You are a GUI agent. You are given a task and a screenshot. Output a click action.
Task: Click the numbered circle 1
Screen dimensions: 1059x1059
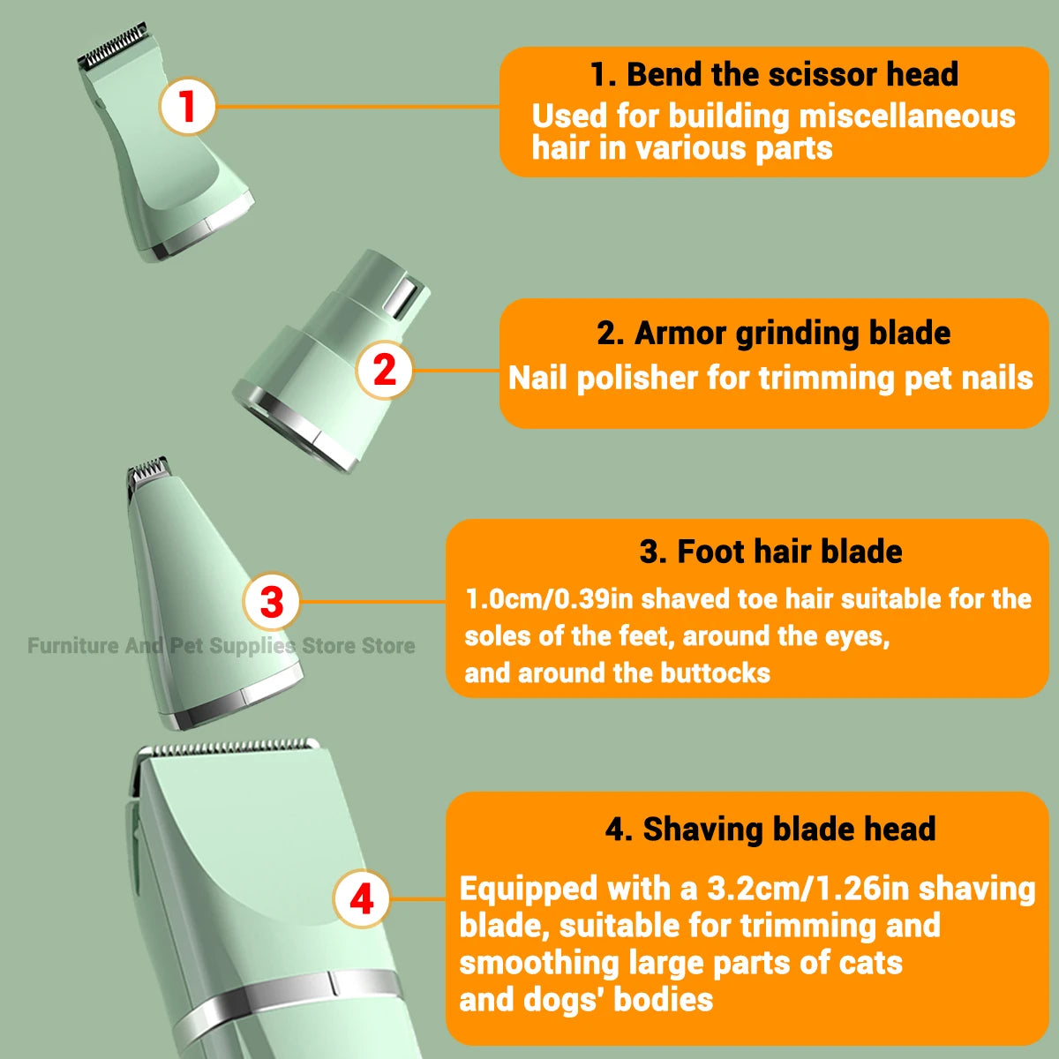coord(187,107)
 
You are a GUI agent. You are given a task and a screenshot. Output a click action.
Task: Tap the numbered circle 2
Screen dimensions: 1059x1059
coord(385,370)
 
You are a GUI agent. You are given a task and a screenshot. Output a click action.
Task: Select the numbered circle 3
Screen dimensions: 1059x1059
coord(272,602)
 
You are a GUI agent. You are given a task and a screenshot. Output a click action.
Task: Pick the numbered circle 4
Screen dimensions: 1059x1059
coord(362,900)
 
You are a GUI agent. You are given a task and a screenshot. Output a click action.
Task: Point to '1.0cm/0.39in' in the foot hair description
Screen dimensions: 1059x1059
coord(548,599)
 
